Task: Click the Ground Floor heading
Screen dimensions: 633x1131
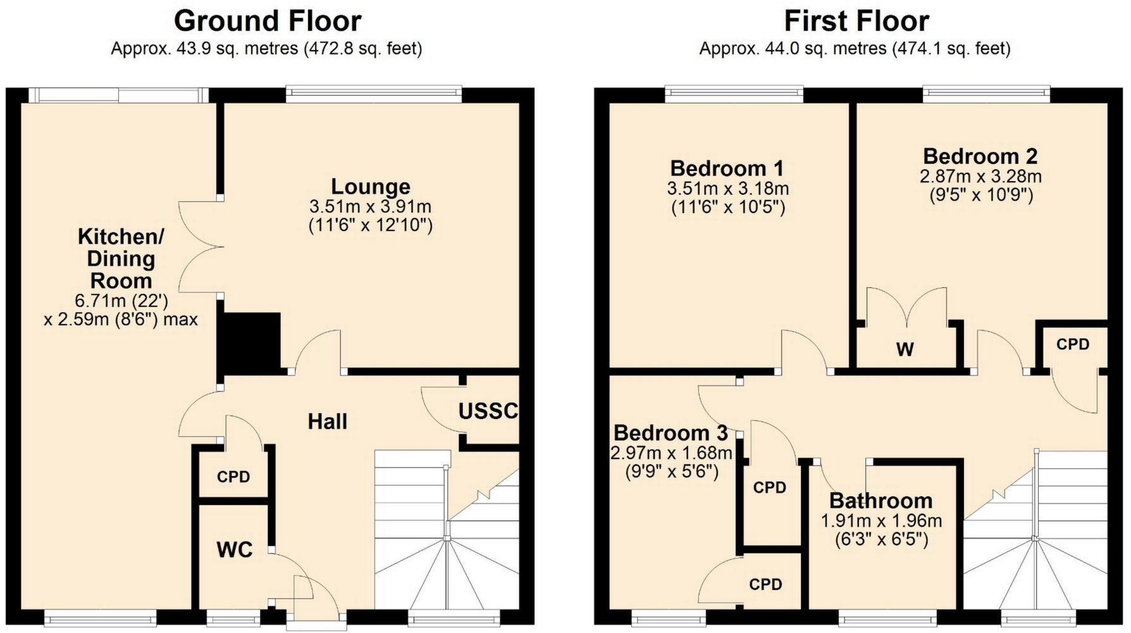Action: [267, 21]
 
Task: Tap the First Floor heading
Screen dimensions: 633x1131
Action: [856, 21]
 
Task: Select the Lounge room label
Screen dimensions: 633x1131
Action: [371, 187]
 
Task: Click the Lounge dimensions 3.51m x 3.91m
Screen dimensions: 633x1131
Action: [371, 206]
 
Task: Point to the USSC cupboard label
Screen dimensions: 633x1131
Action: [488, 411]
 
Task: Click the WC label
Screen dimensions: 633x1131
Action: [235, 549]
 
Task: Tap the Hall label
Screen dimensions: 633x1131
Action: [327, 422]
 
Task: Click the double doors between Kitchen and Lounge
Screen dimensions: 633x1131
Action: [200, 247]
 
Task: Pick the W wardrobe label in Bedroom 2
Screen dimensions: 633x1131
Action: [905, 349]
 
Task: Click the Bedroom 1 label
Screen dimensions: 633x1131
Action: [727, 168]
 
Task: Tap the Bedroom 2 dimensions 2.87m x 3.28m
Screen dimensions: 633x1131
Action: [980, 176]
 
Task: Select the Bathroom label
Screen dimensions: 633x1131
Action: [881, 501]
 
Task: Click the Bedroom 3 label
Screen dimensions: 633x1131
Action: [671, 433]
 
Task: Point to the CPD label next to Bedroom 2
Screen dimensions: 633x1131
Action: [1073, 344]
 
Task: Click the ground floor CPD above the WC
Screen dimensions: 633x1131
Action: [233, 477]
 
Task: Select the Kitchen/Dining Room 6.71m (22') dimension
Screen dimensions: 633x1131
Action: [121, 300]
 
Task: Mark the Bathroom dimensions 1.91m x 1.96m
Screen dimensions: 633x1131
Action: [881, 521]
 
